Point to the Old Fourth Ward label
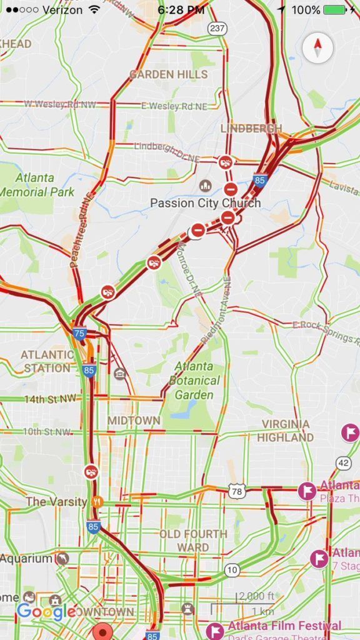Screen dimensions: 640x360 193,541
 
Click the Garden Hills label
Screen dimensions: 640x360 169,74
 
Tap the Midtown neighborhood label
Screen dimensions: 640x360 133,421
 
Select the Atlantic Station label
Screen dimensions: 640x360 47,361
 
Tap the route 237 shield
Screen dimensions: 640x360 217,29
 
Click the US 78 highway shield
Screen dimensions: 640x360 236,492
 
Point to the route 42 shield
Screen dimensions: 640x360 343,462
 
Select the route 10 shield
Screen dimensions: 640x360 232,570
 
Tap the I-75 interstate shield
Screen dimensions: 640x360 79,333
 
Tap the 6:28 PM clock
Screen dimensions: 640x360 181,10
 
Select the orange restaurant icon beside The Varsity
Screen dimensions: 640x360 96,501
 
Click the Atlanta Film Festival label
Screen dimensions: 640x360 284,626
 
